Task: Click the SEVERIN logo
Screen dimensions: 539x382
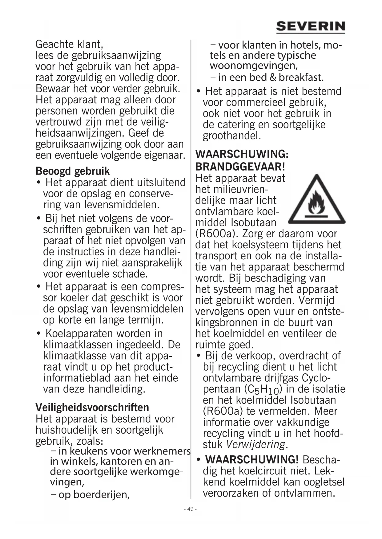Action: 311,27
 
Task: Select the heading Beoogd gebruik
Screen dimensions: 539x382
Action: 73,171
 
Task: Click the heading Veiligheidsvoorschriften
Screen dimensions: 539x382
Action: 92,407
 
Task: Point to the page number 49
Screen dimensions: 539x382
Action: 190,509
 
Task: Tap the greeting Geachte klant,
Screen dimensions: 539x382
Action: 69,44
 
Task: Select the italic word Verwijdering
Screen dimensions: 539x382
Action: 255,444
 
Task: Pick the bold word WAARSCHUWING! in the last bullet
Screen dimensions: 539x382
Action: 252,460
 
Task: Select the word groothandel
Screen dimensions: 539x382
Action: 232,136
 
